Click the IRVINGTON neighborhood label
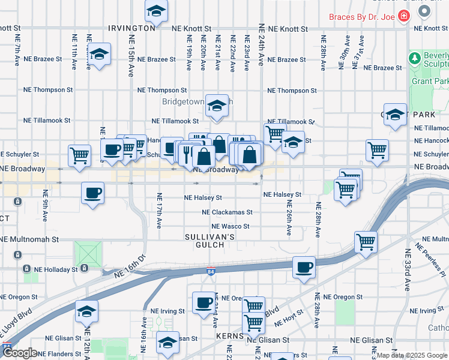(132, 28)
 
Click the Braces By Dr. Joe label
(362, 17)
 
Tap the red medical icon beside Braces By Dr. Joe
(404, 16)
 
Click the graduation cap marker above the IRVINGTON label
(156, 10)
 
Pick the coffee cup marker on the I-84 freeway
(304, 266)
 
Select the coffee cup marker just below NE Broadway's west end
(92, 193)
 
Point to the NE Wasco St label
(230, 227)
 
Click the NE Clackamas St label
(227, 212)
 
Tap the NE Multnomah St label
(29, 239)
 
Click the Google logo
(20, 353)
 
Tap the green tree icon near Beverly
(414, 58)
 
